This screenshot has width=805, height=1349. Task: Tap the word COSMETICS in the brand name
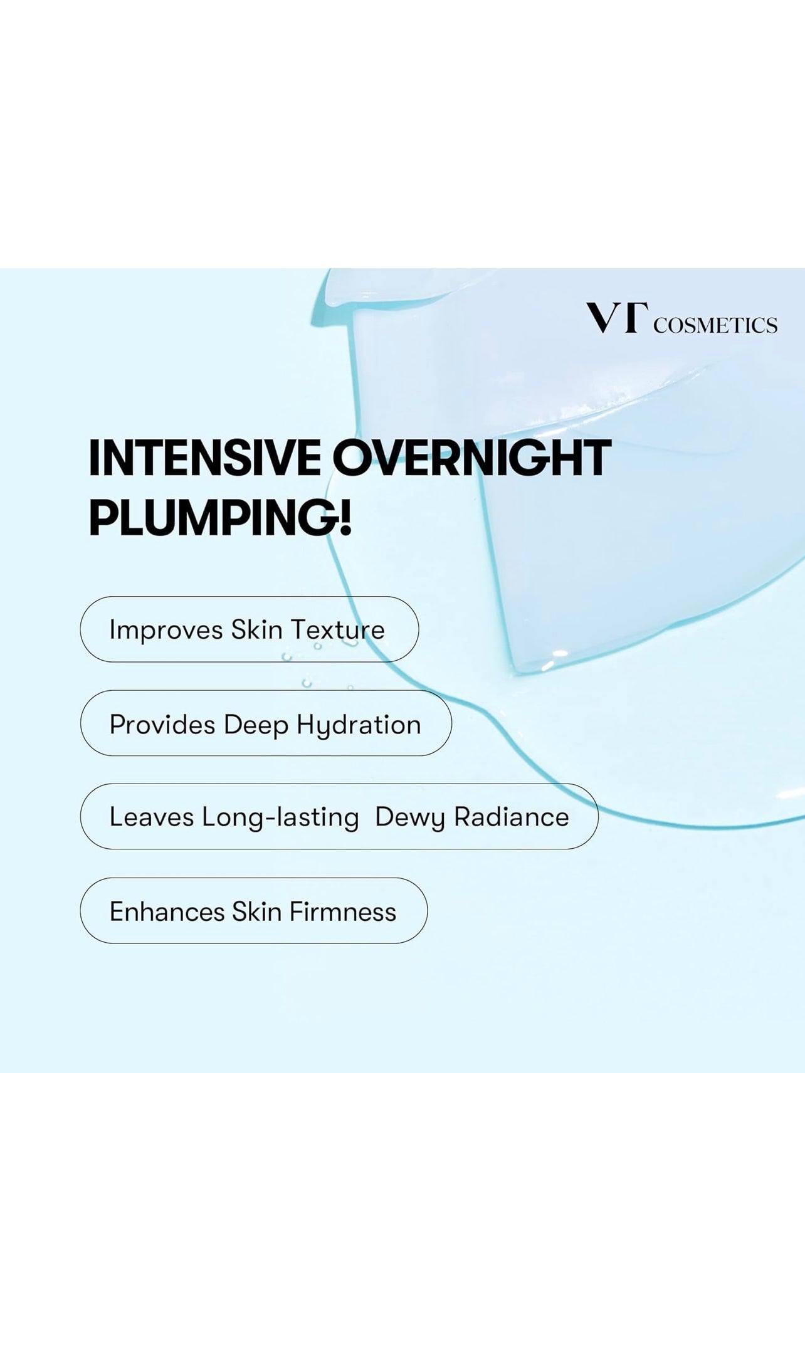(715, 325)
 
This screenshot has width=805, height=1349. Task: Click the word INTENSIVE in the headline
(204, 458)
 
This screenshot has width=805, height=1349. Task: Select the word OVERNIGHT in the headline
(471, 458)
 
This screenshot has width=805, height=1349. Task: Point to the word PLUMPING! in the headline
(220, 518)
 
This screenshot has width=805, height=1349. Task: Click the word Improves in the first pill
(166, 631)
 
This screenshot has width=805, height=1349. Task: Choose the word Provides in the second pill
(162, 725)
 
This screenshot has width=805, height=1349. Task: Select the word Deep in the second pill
(256, 725)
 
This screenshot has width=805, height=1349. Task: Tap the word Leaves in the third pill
(152, 817)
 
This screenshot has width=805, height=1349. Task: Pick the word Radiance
(512, 817)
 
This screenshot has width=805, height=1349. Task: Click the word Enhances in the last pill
(167, 912)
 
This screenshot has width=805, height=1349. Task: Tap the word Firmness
(343, 912)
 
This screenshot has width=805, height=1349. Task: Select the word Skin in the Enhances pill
(256, 912)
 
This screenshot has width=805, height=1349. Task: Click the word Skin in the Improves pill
(256, 630)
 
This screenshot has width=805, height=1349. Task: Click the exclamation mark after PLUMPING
(345, 518)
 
